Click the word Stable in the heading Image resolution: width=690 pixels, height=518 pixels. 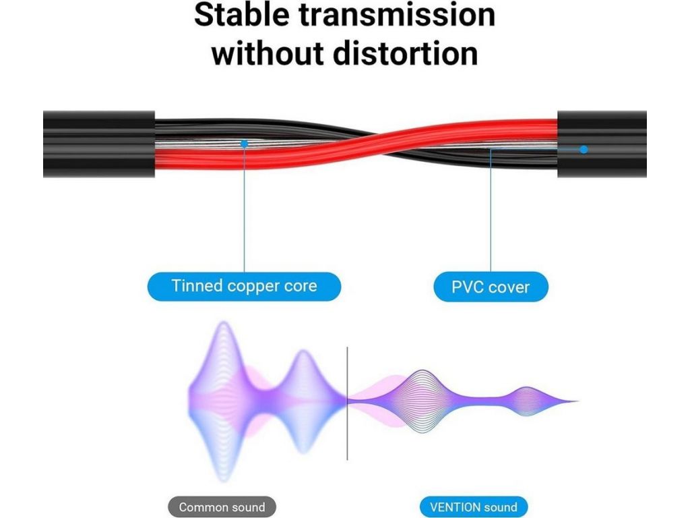tap(242, 14)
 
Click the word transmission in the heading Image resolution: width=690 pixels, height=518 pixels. tap(398, 14)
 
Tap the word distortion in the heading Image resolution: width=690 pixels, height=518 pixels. tap(405, 53)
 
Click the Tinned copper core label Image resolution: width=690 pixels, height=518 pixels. tap(244, 286)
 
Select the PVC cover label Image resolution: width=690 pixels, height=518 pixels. tap(491, 287)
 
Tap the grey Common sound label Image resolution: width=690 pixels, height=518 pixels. tap(222, 507)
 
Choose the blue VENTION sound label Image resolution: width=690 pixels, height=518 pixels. tap(474, 507)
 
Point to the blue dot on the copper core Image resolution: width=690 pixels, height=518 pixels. tap(244, 144)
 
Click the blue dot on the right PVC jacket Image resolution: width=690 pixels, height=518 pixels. tap(584, 149)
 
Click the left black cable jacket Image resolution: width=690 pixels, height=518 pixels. tap(99, 144)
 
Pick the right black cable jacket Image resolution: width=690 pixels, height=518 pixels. tap(602, 144)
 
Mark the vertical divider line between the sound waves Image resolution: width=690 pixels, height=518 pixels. tap(347, 403)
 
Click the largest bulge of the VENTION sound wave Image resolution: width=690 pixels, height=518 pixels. tap(422, 401)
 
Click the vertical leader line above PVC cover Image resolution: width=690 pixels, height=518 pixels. tap(491, 210)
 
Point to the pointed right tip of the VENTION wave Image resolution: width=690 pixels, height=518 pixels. tap(577, 401)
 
